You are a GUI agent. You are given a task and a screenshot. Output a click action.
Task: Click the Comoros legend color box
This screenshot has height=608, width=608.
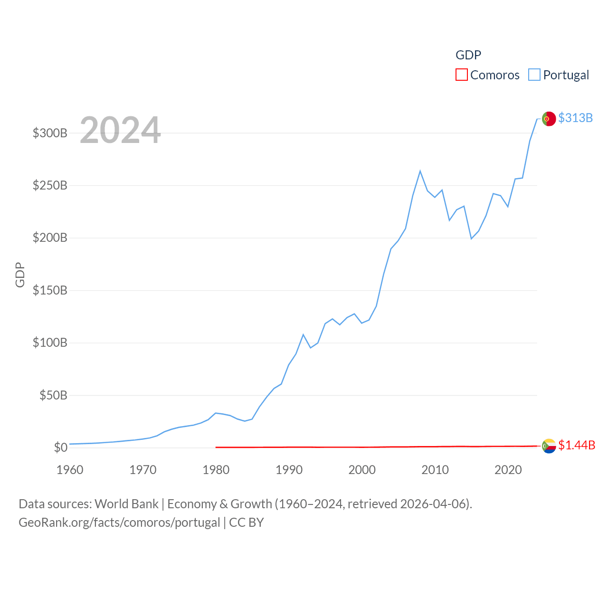coord(461,75)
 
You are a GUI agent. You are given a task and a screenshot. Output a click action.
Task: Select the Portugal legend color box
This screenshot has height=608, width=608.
coord(534,75)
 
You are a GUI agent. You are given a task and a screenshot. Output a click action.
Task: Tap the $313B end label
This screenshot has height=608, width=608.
coord(575,118)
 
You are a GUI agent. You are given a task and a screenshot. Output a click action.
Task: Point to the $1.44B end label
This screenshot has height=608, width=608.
coord(577,445)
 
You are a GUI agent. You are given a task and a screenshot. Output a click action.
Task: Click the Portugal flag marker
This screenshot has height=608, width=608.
coord(549,119)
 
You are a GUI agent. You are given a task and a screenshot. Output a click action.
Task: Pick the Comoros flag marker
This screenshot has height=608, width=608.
coord(549,446)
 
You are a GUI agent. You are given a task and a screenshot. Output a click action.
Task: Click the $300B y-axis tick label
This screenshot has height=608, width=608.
coord(50,133)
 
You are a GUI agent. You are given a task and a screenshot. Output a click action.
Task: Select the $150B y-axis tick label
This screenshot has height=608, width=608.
coord(50,290)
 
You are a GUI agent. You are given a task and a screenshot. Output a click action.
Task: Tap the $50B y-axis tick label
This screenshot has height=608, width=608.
coord(53,395)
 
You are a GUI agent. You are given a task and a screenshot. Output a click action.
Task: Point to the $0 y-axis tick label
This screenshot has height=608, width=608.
coord(60,447)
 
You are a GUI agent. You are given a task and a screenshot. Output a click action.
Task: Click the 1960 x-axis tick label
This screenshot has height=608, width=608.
coord(70,470)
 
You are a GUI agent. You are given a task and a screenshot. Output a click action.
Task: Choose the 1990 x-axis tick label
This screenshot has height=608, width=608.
coord(289,470)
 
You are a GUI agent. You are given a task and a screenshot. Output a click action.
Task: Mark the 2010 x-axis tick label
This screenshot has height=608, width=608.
coord(435,470)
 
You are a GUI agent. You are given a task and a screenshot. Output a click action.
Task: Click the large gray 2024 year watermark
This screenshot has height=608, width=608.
coord(120,130)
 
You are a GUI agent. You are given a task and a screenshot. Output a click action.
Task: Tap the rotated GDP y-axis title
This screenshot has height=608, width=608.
coord(20,275)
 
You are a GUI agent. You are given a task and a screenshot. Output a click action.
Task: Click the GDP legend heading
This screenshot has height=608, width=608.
coord(468,55)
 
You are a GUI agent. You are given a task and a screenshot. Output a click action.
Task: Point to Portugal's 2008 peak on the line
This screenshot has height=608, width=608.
coord(420,171)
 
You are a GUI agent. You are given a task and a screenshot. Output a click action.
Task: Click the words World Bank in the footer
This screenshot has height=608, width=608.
coord(126,503)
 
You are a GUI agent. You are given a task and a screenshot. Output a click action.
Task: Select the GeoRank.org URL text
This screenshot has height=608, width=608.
coord(119,522)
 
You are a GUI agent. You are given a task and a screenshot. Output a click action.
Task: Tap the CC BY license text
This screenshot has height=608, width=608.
coord(247,522)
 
